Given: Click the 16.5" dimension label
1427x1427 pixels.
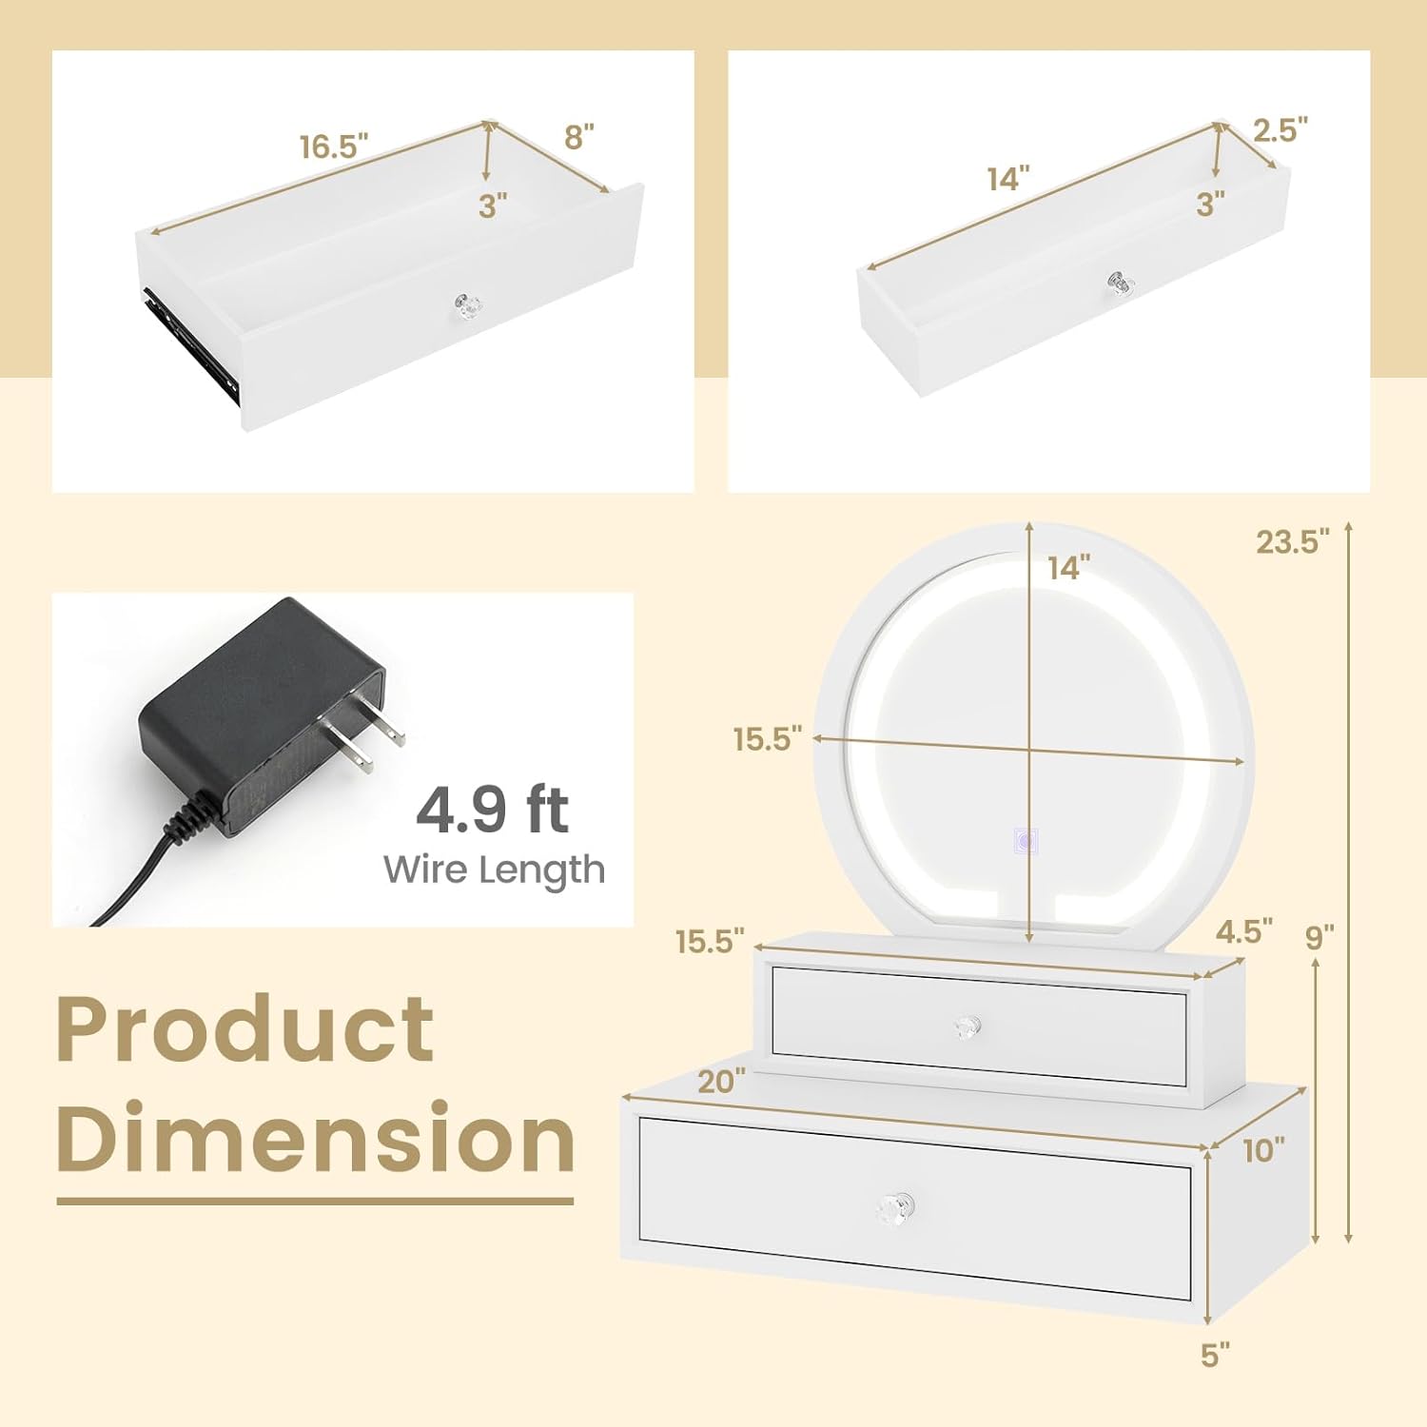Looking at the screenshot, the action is click(334, 147).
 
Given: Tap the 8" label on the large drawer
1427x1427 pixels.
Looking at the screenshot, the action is click(578, 137).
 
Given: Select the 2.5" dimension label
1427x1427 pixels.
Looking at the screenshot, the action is click(1280, 129).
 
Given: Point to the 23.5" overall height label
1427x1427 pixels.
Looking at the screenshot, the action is click(1292, 541).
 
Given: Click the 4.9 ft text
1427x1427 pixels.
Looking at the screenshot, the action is click(492, 810).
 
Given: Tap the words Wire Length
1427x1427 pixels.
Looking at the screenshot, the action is click(494, 870).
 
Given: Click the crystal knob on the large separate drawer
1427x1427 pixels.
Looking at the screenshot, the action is click(468, 306).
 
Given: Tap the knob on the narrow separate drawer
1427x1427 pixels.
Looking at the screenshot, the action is click(1121, 283).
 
